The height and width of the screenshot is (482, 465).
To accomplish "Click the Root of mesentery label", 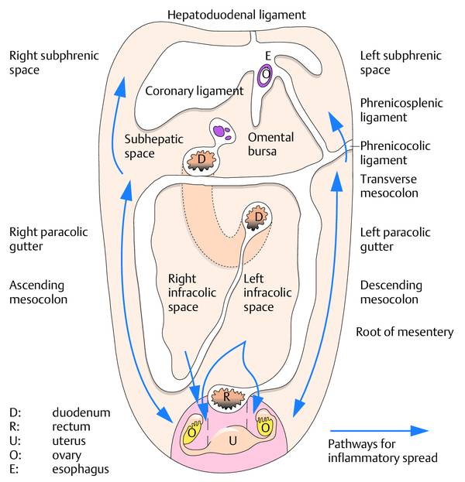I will click(x=404, y=332).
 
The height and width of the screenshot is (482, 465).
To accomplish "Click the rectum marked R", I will click(x=226, y=396).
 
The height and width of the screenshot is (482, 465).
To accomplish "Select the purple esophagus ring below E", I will click(x=267, y=74).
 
